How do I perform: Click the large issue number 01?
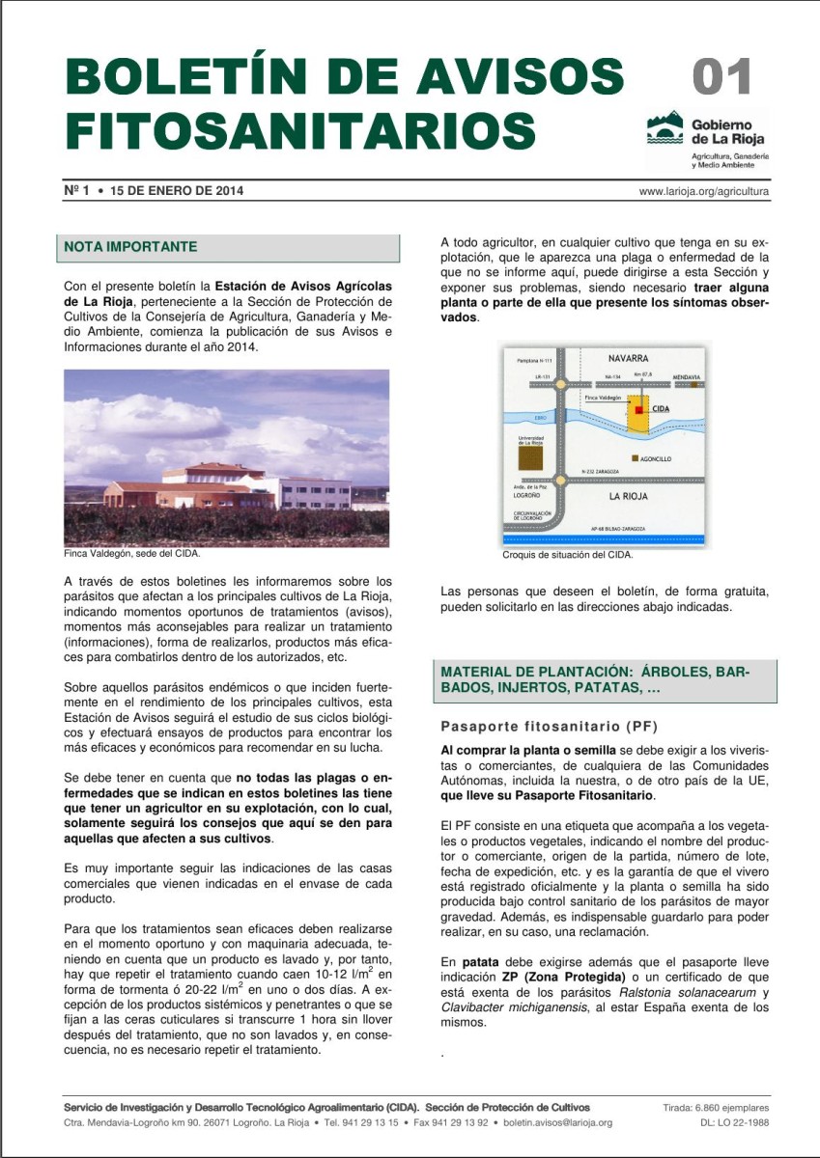pos(722,78)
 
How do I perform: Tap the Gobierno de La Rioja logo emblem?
pos(664,127)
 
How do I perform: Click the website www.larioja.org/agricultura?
pos(703,191)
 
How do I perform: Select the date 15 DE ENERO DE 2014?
pos(177,191)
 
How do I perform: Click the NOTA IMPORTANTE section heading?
pos(130,247)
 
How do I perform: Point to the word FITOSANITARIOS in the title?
pos(300,129)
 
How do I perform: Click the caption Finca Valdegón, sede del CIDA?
pos(131,554)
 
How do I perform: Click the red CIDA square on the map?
pos(638,409)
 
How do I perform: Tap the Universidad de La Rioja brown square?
pos(530,458)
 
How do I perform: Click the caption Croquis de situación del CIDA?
pos(567,556)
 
